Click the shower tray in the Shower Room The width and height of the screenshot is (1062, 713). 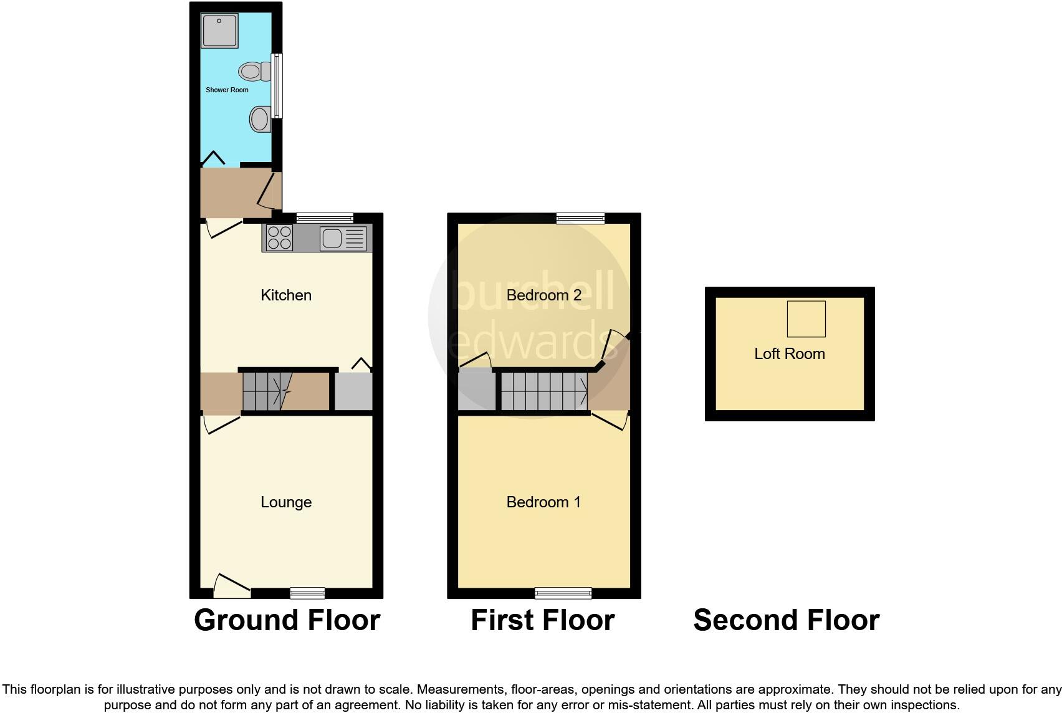coord(219,31)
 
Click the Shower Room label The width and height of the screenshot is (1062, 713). coord(227,90)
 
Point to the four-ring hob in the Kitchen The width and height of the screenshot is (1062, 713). coord(279,237)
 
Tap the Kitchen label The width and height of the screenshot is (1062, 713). coord(286,295)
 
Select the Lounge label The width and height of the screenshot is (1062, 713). coord(286,502)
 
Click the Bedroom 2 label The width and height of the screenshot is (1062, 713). coord(543,295)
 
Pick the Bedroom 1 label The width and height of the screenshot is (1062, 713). coord(543,502)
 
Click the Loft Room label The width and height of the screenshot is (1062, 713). coord(789,353)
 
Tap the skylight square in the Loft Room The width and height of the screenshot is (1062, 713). coord(806,318)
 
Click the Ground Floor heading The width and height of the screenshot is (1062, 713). coord(287,620)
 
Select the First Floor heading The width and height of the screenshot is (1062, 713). coord(542,620)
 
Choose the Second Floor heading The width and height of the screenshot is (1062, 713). coord(786,620)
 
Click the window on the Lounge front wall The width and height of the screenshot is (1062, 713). coord(308,593)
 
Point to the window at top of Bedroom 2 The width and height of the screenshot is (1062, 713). coord(580,218)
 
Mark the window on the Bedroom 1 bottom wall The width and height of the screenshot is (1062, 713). coord(563,593)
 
